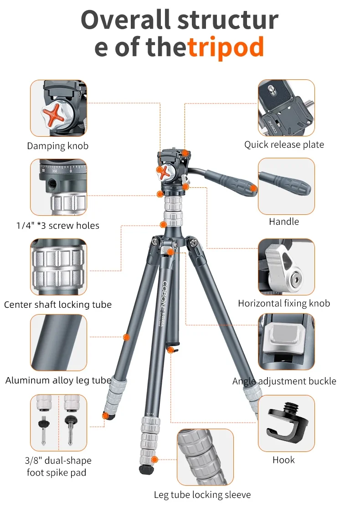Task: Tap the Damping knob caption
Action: [58, 146]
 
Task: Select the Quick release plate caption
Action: [284, 145]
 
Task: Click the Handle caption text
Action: [284, 221]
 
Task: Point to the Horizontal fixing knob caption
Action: [284, 303]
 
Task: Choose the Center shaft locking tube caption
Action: [58, 305]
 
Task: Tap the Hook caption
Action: [284, 460]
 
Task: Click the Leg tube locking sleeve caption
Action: [202, 495]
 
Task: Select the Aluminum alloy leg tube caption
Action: [58, 381]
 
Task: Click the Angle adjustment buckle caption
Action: [284, 381]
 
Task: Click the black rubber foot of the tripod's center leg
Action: [146, 470]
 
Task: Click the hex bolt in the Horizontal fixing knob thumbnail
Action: [295, 280]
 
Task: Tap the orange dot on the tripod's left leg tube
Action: [126, 337]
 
